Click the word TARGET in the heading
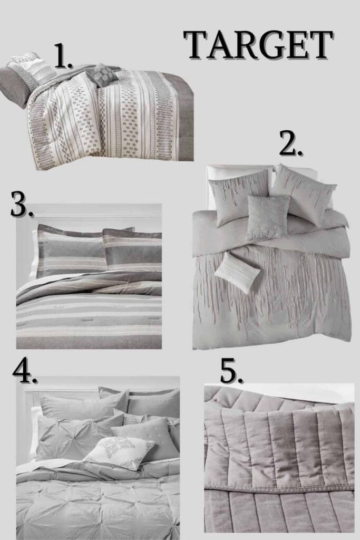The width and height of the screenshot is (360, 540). [259, 45]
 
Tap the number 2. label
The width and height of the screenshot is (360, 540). [291, 144]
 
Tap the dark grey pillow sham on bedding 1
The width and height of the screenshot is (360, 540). [15, 86]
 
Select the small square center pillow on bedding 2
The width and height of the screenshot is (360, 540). [268, 217]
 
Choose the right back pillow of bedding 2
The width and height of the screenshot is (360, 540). [303, 192]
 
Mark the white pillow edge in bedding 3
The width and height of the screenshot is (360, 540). [33, 255]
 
